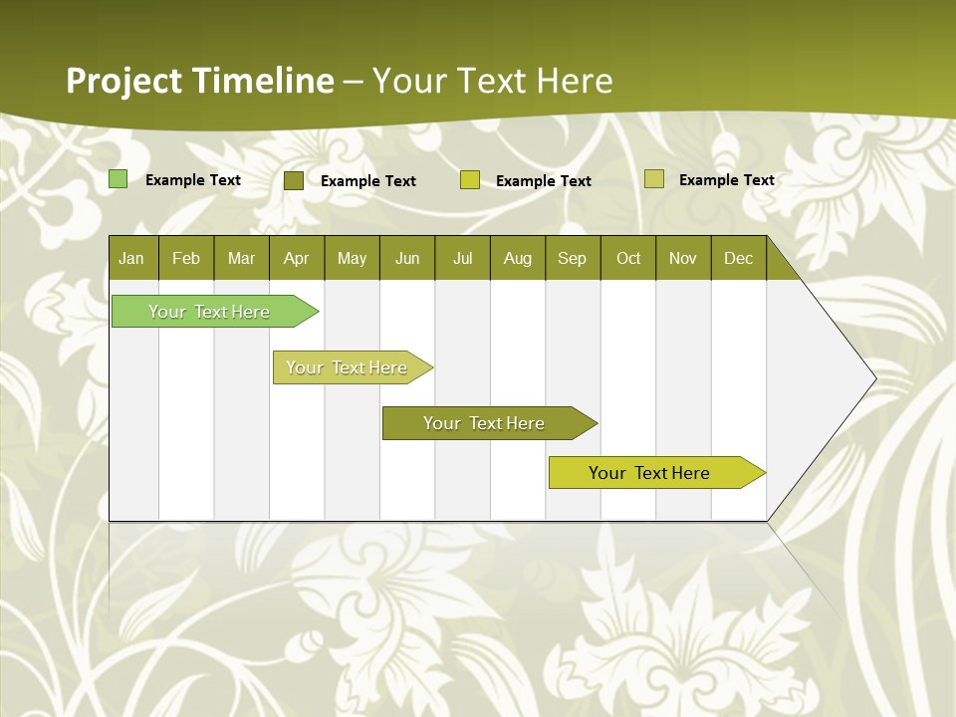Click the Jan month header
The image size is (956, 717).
(131, 258)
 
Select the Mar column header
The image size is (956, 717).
(241, 258)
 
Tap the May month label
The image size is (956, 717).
(352, 258)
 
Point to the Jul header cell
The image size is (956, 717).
(462, 258)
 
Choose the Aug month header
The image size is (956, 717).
(517, 258)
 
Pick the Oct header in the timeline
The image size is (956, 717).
(628, 258)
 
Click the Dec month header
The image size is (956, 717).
(738, 258)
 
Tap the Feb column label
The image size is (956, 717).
(186, 258)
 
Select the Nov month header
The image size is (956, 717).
(682, 258)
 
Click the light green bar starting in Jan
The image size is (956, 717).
(209, 312)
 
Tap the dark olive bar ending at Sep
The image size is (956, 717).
(484, 423)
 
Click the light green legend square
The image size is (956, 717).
(118, 179)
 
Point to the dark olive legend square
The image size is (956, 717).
(293, 180)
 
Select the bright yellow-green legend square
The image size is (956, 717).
(469, 180)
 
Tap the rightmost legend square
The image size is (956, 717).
(653, 179)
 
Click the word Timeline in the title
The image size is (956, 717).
(264, 81)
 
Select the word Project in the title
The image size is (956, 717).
(125, 81)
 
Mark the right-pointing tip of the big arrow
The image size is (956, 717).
(875, 378)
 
